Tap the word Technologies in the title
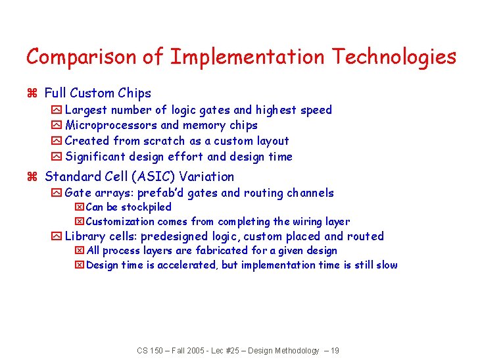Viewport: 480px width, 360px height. (x=393, y=57)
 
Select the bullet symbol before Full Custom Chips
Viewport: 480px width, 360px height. (x=30, y=93)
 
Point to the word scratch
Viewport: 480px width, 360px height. (x=166, y=141)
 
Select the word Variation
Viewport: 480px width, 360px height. (x=209, y=177)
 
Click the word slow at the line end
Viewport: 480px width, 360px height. (x=386, y=265)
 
